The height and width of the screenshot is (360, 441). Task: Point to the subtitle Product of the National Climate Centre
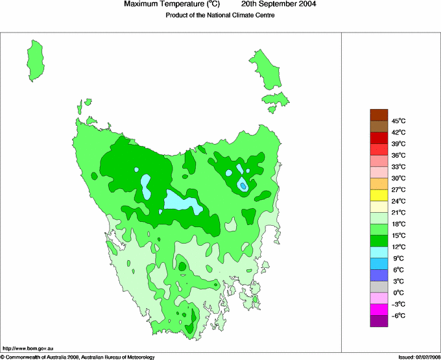tap(220, 15)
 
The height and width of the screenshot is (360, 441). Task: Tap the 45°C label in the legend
tap(398, 121)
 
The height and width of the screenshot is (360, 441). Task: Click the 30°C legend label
tap(398, 178)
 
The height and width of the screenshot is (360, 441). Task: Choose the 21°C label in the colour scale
tap(398, 212)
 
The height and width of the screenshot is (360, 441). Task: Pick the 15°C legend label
tap(398, 235)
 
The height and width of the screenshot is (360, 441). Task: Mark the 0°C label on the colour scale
tap(398, 293)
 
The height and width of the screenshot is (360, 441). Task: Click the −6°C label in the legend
tap(398, 315)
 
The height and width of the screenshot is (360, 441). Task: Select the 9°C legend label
tap(398, 258)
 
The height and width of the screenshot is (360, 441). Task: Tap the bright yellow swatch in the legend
tap(379, 195)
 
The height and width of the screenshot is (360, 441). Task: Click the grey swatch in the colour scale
tap(379, 287)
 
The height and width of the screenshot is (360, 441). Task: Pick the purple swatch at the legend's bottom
tap(379, 320)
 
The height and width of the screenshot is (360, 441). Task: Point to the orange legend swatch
tap(379, 184)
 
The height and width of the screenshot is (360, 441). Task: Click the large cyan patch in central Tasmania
tap(182, 203)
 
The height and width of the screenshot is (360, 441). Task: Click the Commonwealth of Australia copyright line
tap(78, 356)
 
